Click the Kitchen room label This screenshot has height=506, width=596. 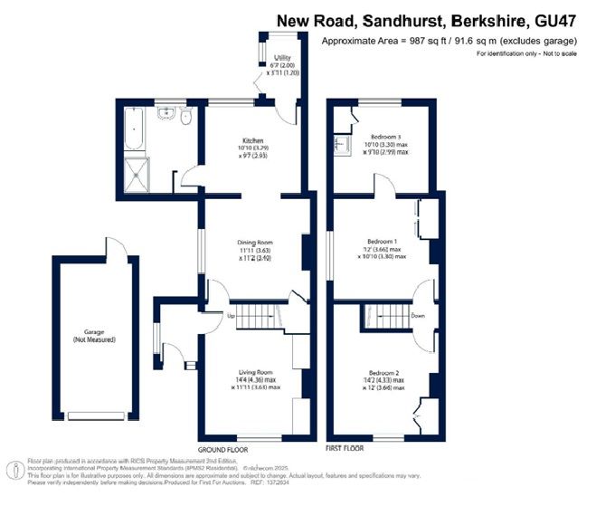pyautogui.click(x=252, y=141)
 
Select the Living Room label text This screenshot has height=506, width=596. pyautogui.click(x=254, y=372)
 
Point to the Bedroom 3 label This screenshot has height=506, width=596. pyautogui.click(x=384, y=137)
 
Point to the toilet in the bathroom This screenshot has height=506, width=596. pyautogui.click(x=185, y=116)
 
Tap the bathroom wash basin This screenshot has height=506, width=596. pyautogui.click(x=166, y=114)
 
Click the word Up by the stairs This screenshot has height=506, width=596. pyautogui.click(x=231, y=316)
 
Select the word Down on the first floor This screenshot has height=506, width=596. pyautogui.click(x=417, y=316)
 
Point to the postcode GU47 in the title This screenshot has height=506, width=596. pyautogui.click(x=561, y=20)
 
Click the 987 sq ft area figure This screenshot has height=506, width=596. pyautogui.click(x=424, y=41)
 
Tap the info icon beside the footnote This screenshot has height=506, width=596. pyautogui.click(x=14, y=469)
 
